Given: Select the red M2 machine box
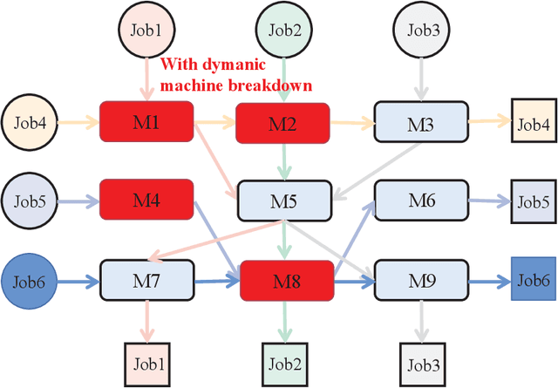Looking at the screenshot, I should [282, 123].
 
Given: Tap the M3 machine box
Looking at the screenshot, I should [420, 123].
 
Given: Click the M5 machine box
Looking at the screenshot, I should [282, 202].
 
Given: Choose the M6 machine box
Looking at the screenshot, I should [420, 200].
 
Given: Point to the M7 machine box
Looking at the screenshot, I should [146, 280].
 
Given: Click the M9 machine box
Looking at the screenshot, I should [420, 280].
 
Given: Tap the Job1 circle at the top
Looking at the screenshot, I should [146, 30].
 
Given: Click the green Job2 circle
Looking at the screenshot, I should [285, 30].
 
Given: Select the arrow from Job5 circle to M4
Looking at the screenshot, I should [78, 200].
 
